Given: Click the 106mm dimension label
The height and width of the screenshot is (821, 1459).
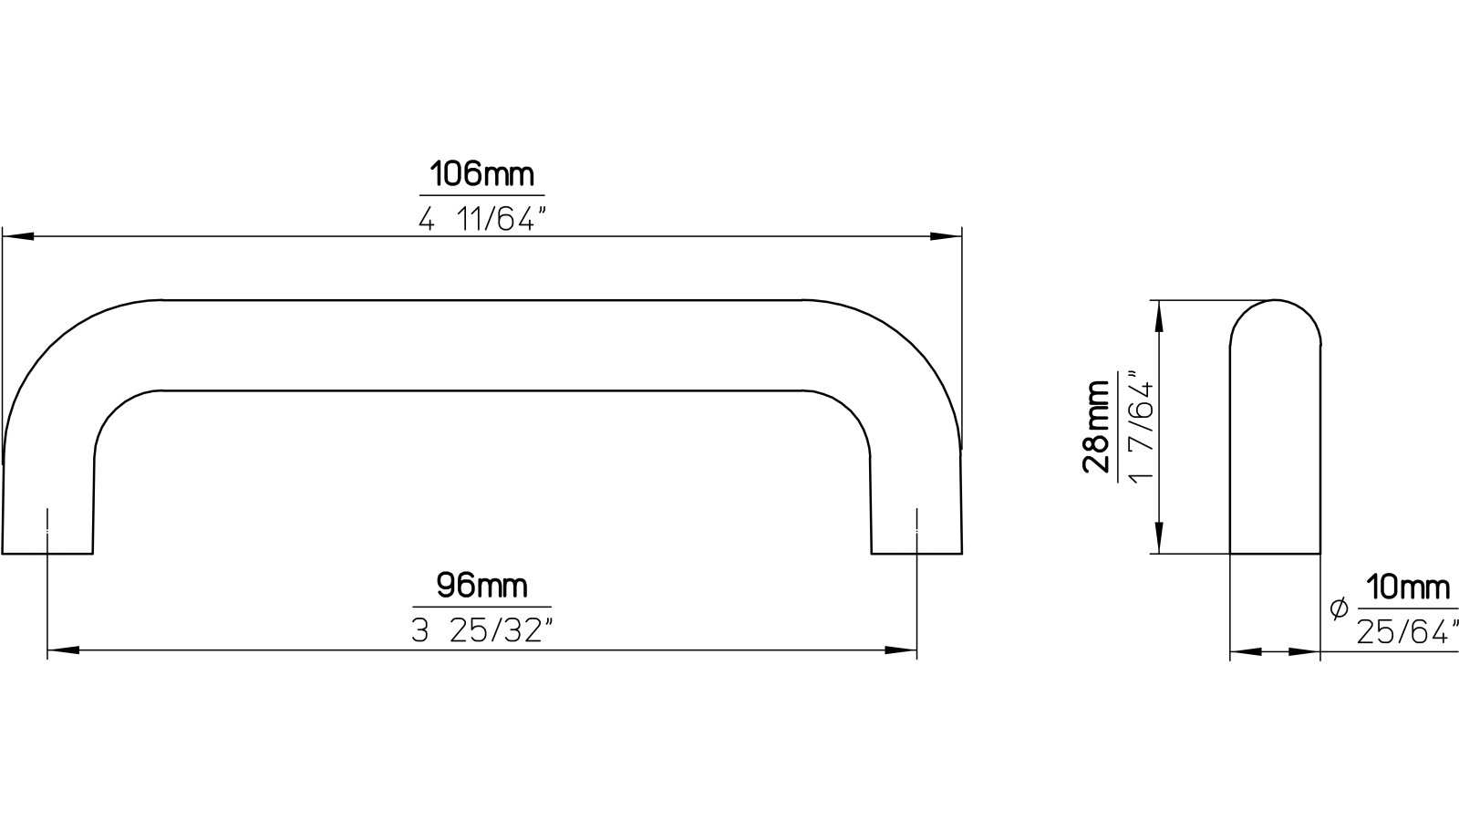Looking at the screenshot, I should coord(481,173).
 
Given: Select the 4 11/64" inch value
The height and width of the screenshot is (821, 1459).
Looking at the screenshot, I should coord(481,219).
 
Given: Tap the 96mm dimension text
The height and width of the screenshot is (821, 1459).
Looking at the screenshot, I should coord(481,585).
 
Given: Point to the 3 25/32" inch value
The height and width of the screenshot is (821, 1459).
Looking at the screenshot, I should coord(481,631).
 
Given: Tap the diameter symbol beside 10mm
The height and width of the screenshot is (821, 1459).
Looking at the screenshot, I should coord(1339,609).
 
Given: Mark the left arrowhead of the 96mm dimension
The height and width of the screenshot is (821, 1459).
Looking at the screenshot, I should coord(60,650).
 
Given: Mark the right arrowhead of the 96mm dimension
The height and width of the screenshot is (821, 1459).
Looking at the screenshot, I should coord(903,650).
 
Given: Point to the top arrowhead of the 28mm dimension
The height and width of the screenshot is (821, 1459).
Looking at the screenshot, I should coord(1159,316).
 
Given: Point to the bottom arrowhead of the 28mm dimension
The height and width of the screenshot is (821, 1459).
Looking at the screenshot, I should coord(1159,538).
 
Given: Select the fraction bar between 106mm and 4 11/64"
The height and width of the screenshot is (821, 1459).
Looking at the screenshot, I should coord(481,195).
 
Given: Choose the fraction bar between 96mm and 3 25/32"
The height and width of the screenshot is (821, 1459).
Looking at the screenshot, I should coord(481,607).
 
